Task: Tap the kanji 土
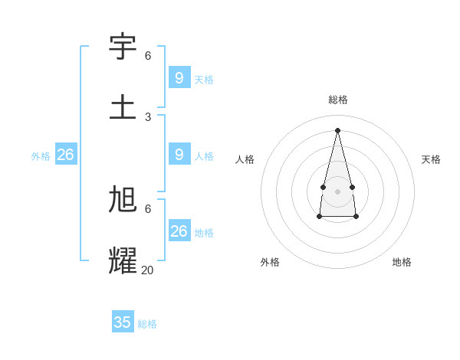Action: pos(123,106)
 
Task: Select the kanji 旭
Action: pos(123,199)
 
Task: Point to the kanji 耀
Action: pos(123,260)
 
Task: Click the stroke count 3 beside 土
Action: pos(148,116)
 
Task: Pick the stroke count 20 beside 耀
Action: pos(147,270)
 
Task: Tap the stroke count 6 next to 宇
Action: pos(148,55)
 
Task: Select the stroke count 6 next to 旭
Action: pos(148,208)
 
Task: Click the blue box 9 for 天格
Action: pos(179,77)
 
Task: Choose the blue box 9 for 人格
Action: pos(179,154)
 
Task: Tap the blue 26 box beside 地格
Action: pos(179,231)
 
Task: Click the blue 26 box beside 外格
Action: pos(65,154)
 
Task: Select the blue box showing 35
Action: pos(123,322)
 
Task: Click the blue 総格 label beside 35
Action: pos(147,324)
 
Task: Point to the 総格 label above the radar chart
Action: pos(338,100)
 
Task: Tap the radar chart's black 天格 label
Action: pos(431,159)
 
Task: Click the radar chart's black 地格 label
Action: pos(402,262)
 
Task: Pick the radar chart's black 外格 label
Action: pos(270,262)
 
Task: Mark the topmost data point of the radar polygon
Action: pos(337,129)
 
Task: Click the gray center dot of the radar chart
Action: pos(337,191)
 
